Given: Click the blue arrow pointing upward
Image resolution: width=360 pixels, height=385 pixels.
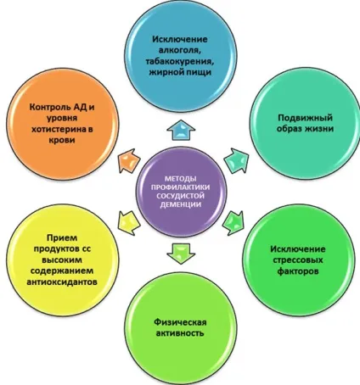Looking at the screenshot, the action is tap(181, 130).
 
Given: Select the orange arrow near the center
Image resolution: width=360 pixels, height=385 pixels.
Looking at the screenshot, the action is tap(128, 160).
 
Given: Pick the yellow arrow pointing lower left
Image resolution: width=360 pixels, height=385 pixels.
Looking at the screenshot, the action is tap(129, 222).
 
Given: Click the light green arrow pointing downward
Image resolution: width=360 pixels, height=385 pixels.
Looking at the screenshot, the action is tap(181, 254).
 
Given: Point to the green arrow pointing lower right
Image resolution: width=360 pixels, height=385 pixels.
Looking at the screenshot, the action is tap(233, 222).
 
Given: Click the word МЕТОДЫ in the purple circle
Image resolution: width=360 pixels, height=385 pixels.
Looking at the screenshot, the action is tap(181, 179).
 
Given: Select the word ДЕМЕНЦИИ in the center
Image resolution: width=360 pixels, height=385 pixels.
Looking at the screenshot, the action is tap(181, 204).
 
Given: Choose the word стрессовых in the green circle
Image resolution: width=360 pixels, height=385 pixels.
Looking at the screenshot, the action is tap(298, 259).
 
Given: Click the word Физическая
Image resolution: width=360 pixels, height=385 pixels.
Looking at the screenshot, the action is tap(180, 322).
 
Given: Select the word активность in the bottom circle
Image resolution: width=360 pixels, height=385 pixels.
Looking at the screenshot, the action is tap(180, 333).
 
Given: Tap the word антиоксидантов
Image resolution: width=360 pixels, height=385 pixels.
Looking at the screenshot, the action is tap(62, 282).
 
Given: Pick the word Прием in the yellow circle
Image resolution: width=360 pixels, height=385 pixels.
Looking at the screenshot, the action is tap(62, 237).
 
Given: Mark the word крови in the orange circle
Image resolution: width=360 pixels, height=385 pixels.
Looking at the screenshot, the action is tap(62, 140).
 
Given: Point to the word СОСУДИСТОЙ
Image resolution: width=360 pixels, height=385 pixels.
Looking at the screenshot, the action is tap(181, 196).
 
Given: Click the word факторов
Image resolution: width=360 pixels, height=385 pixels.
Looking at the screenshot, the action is tap(298, 271).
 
